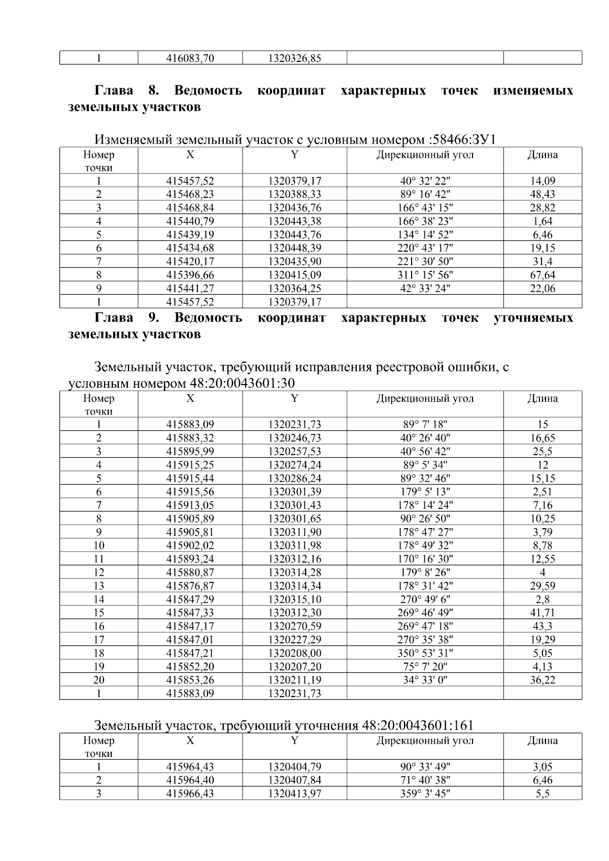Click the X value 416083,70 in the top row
pyautogui.click(x=190, y=58)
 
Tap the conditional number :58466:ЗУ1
pyautogui.click(x=461, y=140)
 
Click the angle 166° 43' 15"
pyautogui.click(x=425, y=208)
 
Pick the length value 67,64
pyautogui.click(x=543, y=275)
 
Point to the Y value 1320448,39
pyautogui.click(x=294, y=248)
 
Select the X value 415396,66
pyautogui.click(x=190, y=275)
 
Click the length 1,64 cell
pyautogui.click(x=543, y=221)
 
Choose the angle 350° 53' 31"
pyautogui.click(x=425, y=653)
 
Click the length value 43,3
pyautogui.click(x=543, y=626)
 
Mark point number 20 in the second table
pyautogui.click(x=98, y=680)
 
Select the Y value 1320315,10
pyautogui.click(x=294, y=599)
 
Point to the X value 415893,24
pyautogui.click(x=190, y=559)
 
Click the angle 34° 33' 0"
pyautogui.click(x=425, y=680)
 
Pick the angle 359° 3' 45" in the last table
pyautogui.click(x=425, y=794)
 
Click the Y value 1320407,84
pyautogui.click(x=294, y=780)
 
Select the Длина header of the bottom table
pyautogui.click(x=543, y=741)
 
